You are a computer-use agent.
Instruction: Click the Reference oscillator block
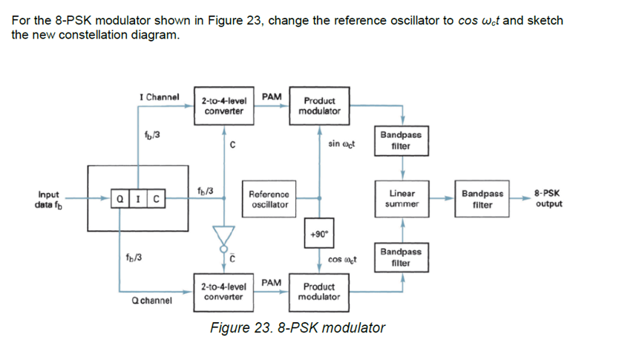(269, 198)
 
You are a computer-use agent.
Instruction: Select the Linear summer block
(402, 198)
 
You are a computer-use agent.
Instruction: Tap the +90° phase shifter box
(320, 232)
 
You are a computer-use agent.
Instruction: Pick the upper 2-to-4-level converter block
(223, 105)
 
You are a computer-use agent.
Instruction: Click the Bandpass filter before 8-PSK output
(482, 198)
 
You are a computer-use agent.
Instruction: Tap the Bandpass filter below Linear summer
(402, 258)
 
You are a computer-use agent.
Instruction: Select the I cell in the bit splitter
(137, 199)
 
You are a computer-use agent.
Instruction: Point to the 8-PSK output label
(547, 198)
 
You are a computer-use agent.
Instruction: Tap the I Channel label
(160, 97)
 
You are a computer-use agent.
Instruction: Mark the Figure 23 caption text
(298, 328)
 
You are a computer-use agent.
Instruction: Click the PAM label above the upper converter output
(272, 96)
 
